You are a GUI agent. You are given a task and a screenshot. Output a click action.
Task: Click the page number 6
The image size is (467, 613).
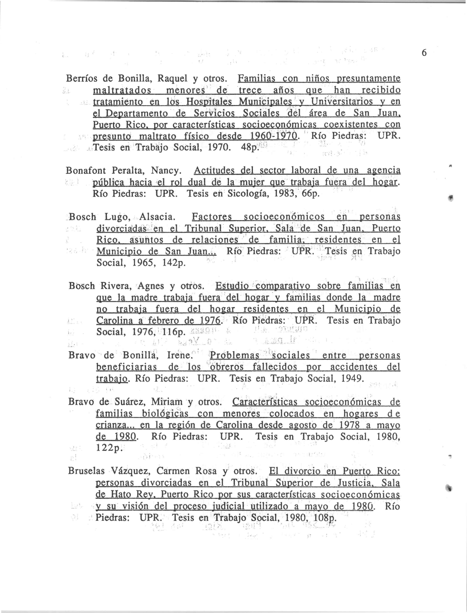[424, 53]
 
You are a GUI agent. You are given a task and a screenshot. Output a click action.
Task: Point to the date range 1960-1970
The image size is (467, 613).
[274, 136]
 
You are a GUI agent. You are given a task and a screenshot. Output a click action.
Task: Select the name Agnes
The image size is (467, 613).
[152, 286]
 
